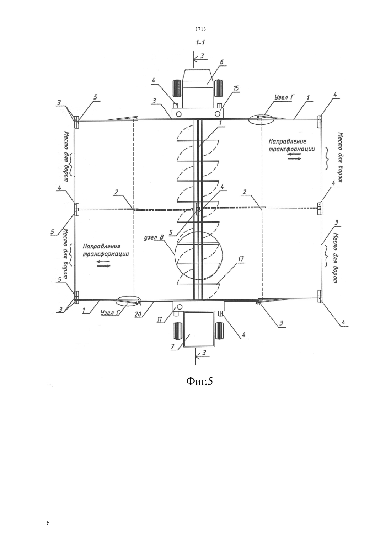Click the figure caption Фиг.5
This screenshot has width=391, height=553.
coord(199,381)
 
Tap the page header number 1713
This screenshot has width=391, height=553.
coord(201,29)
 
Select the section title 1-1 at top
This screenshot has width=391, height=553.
coord(200,43)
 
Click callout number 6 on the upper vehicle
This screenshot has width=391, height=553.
coord(221,62)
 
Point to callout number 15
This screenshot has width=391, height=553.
coord(236,88)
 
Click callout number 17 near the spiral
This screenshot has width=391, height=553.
coord(241,259)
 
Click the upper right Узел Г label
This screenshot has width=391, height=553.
coord(284,98)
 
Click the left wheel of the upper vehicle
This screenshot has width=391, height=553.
coord(177,88)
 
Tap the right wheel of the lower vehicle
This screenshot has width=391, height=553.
coord(219,331)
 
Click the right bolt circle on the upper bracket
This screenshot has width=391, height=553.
coord(218,114)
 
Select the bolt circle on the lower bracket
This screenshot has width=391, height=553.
coord(180,307)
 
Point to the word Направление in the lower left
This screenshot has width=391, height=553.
coord(102,246)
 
